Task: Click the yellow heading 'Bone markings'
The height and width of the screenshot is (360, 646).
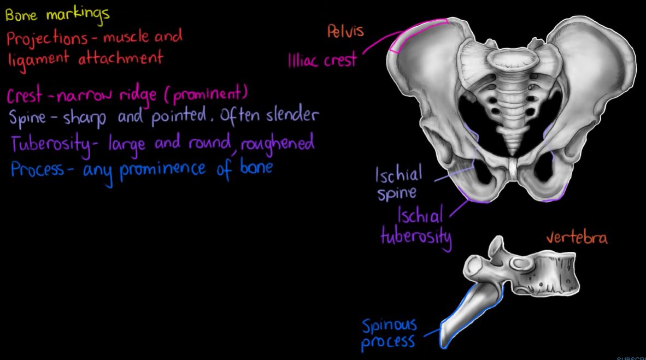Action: coord(57,14)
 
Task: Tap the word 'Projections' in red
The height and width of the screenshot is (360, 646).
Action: coord(47,39)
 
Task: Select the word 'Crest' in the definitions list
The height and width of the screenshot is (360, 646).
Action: coord(24,95)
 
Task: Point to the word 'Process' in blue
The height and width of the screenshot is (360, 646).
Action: coord(38,169)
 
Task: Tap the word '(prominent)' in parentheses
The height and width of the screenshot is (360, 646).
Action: coord(205,95)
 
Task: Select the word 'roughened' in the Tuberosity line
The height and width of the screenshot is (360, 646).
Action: coord(277,144)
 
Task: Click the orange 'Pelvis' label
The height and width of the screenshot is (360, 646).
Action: coord(345,31)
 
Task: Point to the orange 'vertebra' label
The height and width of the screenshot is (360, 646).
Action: coord(577,238)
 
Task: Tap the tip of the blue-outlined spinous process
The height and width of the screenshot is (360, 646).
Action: coord(444,346)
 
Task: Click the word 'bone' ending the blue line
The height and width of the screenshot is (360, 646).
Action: coord(256,167)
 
